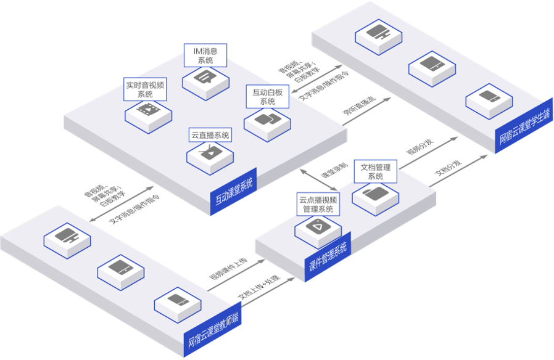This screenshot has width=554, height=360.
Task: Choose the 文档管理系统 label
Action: [x=375, y=171]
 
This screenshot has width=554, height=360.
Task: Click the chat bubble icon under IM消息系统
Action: [x=205, y=78]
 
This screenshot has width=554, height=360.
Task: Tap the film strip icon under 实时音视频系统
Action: [x=148, y=111]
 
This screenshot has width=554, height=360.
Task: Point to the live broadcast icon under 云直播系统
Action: [x=210, y=152]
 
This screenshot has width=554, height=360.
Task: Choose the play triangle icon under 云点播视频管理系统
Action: [x=317, y=226]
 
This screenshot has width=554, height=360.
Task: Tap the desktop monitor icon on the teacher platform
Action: [x=66, y=236]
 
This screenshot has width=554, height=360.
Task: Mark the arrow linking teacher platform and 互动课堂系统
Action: [x=122, y=203]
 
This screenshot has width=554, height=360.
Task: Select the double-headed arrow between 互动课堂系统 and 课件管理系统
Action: [x=318, y=180]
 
